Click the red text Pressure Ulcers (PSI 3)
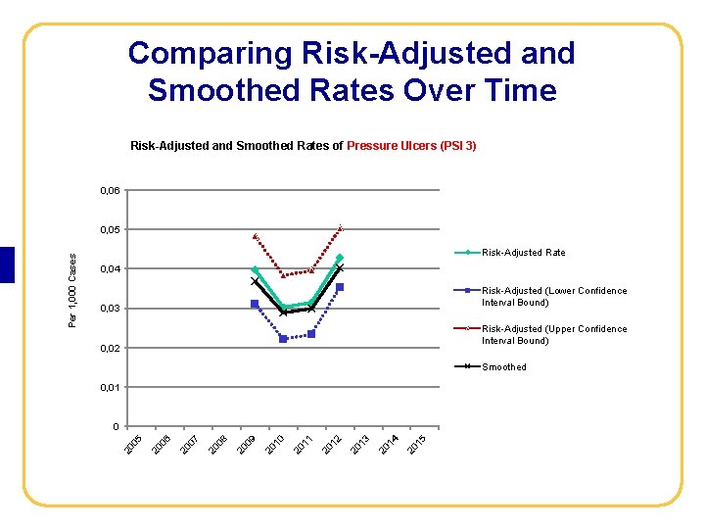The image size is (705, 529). [411, 146]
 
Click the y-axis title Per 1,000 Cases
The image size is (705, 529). [73, 289]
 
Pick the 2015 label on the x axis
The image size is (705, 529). [415, 444]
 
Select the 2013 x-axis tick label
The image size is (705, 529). [359, 444]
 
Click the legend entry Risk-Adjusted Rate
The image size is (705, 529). [523, 253]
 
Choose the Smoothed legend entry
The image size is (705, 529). [503, 367]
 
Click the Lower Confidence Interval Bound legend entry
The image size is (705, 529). [553, 297]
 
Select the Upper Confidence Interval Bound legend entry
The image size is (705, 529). [553, 335]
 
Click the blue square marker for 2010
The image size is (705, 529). [283, 339]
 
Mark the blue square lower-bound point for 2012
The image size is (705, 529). [340, 287]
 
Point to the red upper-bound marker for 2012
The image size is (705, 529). [341, 228]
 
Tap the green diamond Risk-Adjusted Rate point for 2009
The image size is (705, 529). [255, 269]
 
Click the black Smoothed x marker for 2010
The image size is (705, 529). [283, 313]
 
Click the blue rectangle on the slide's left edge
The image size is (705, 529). [7, 264]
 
